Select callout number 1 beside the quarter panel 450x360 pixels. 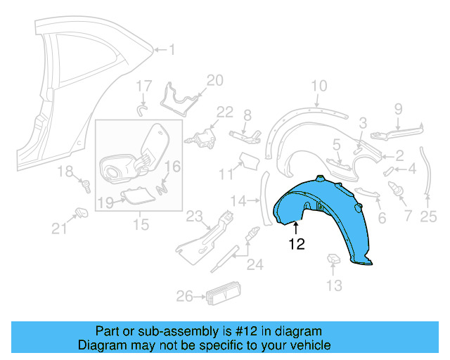173,49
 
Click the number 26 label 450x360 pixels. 184,297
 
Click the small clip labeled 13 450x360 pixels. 334,260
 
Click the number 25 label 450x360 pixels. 429,218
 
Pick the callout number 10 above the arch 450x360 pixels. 319,86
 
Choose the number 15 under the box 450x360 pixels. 141,225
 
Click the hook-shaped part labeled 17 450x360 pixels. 142,109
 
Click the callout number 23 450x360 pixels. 194,215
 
